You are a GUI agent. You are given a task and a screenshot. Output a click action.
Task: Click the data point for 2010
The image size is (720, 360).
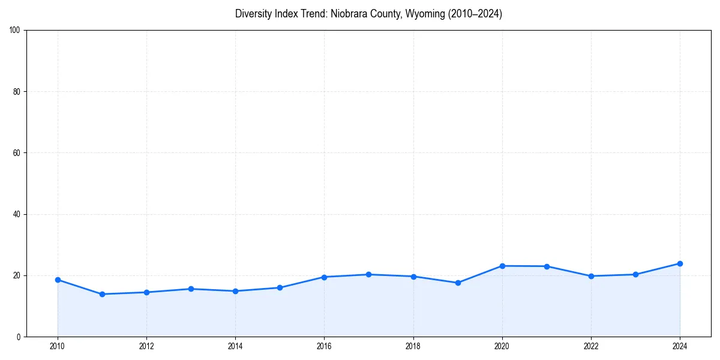pos(58,280)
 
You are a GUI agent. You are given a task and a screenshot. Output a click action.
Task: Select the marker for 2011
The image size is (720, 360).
pos(102,294)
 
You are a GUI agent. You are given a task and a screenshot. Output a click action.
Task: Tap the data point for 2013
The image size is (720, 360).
pos(191,289)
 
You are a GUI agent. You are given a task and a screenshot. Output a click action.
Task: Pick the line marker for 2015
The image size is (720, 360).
pos(280,287)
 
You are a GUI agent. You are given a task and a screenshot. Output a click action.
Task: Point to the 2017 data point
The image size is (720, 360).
pos(368,274)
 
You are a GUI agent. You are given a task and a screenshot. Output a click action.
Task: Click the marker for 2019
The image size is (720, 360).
pos(458,283)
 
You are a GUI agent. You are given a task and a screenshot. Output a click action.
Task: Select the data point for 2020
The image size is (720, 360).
pos(502,266)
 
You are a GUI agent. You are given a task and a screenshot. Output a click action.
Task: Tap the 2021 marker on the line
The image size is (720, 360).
pos(547,266)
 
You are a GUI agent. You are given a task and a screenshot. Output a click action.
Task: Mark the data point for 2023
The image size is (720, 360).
pos(635,274)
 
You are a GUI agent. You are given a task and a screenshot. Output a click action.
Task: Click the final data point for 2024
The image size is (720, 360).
pos(680,263)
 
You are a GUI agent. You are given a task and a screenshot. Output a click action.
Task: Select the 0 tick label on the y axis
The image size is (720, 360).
pos(19,337)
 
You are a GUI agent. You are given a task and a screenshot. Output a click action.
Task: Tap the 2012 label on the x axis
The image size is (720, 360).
pos(146,346)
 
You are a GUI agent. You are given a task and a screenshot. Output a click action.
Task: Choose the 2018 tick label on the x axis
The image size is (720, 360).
pos(413,346)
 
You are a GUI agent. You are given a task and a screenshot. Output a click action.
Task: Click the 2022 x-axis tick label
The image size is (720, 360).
pos(591,346)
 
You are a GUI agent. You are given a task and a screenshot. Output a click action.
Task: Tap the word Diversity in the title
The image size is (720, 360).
pos(254,14)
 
